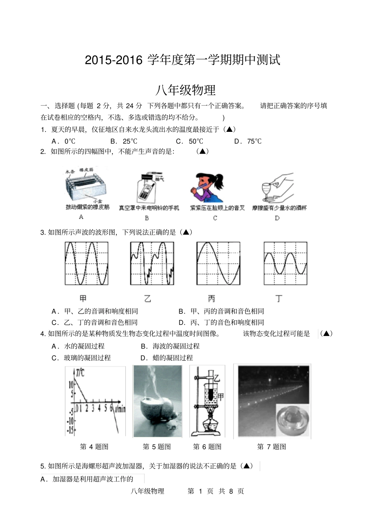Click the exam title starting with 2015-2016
(182, 60)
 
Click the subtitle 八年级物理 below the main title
(185, 90)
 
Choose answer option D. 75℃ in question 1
(248, 141)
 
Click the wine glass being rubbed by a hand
(268, 192)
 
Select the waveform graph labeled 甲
(86, 263)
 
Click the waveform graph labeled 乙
(152, 263)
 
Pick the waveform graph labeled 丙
(218, 263)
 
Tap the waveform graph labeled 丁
(285, 263)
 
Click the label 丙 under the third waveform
(212, 299)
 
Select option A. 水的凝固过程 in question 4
(78, 346)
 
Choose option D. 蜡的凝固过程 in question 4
(167, 358)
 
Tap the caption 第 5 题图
(157, 446)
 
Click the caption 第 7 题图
(272, 446)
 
